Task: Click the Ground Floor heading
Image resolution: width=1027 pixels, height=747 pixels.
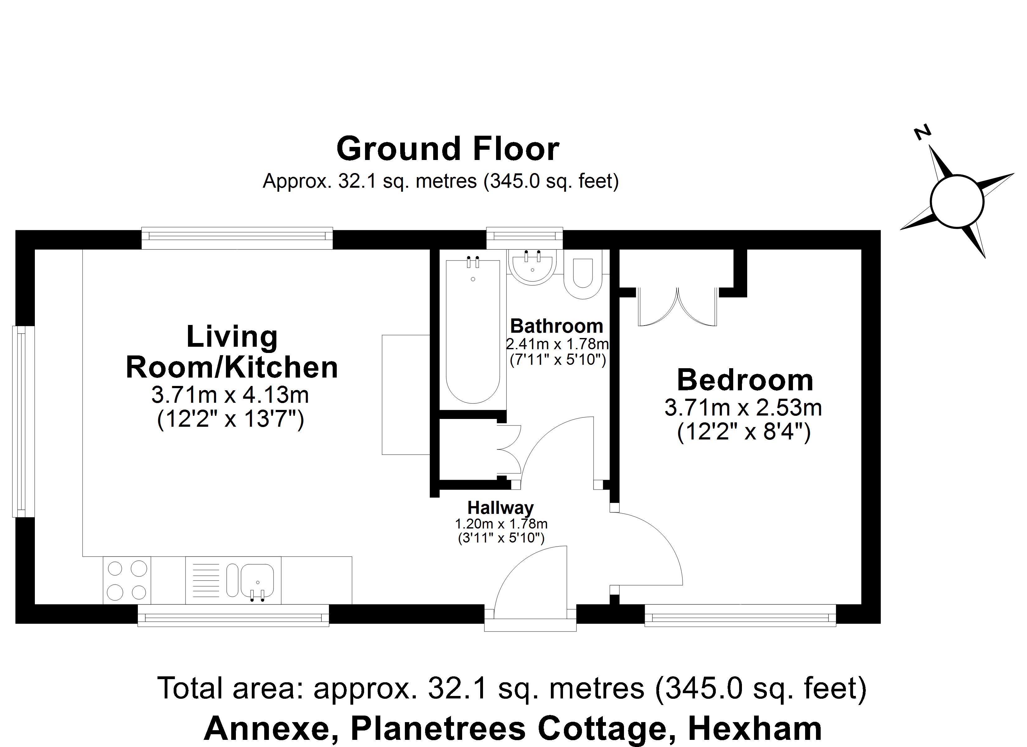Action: (x=448, y=149)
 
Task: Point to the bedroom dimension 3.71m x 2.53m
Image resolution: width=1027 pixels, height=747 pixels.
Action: (x=743, y=408)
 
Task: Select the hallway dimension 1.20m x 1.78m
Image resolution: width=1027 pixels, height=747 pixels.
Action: (x=501, y=524)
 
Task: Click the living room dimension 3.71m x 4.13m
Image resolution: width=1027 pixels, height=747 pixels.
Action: (x=230, y=395)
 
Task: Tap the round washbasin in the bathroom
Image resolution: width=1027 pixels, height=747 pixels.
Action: (x=532, y=267)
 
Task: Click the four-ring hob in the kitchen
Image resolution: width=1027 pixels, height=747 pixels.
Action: (x=127, y=580)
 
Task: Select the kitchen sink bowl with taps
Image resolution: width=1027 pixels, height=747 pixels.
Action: (x=257, y=581)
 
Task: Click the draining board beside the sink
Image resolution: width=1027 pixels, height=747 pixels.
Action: (x=206, y=580)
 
